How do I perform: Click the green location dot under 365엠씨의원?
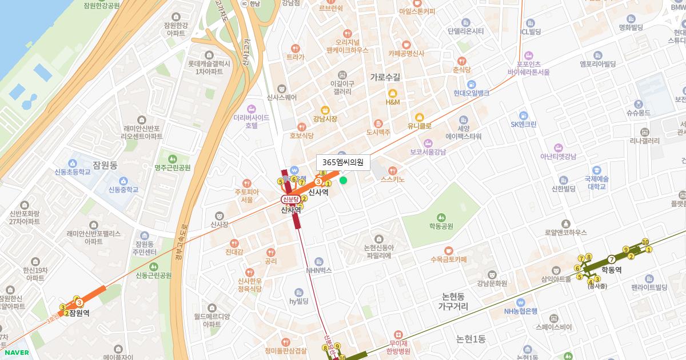343,180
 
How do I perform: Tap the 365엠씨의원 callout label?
343,162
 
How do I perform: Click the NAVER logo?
17,352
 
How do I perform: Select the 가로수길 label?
385,77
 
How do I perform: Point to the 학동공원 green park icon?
441,217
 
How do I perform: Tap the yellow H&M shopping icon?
392,94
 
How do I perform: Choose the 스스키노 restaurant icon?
392,170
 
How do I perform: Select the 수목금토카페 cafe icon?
449,250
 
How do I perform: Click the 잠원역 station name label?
79,313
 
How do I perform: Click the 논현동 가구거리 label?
453,302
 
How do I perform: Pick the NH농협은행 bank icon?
520,302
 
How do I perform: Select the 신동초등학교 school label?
73,171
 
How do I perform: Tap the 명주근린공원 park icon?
172,158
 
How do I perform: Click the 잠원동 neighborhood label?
105,165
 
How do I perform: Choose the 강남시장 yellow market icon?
325,109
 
